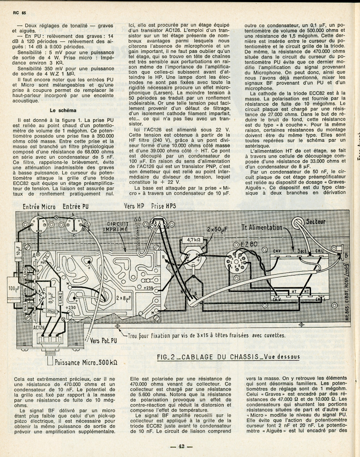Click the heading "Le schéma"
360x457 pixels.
click(x=62, y=110)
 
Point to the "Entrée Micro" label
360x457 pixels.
click(x=39, y=206)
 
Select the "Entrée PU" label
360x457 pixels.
click(x=75, y=206)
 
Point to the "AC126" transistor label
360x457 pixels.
click(x=39, y=327)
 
